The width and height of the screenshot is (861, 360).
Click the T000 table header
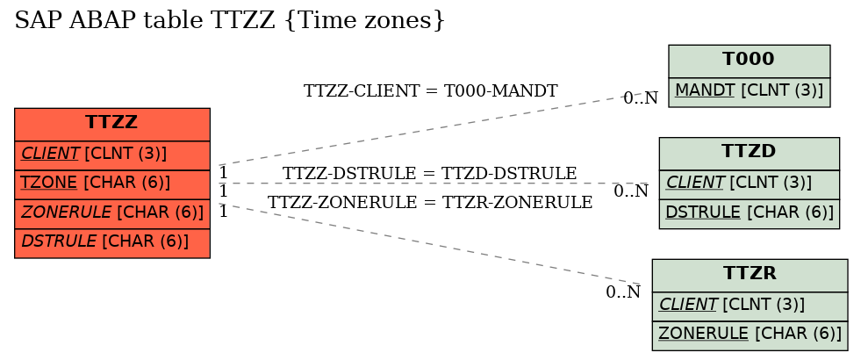(749, 61)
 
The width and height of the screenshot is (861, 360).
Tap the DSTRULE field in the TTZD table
(749, 213)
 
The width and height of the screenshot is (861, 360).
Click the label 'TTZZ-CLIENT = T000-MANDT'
(430, 90)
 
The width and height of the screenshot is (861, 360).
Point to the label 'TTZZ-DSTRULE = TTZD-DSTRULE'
(429, 173)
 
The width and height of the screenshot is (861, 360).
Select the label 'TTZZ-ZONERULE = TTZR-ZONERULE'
(430, 202)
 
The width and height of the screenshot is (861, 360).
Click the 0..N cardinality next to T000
(640, 97)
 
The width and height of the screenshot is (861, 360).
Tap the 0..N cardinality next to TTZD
(631, 191)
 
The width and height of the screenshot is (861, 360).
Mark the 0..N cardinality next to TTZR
(623, 292)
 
